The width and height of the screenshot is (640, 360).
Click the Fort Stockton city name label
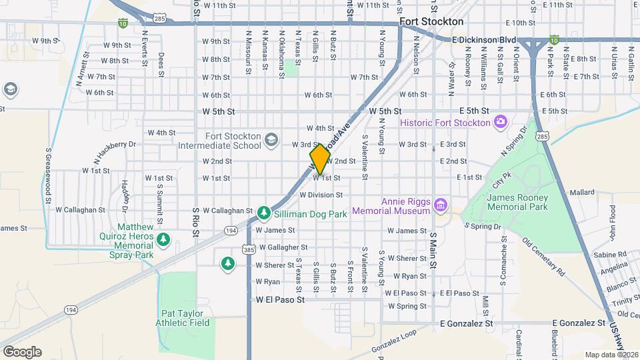[431, 22]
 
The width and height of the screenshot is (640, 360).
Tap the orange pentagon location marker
[321, 159]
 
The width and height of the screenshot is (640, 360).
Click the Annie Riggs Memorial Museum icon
[440, 205]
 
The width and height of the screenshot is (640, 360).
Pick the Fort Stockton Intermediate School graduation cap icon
[271, 139]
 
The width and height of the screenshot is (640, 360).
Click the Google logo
[22, 351]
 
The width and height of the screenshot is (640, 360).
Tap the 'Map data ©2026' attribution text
[611, 355]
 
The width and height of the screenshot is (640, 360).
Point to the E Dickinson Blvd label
[483, 40]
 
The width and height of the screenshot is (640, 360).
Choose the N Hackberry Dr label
[114, 144]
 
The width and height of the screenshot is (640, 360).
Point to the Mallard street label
[581, 193]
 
